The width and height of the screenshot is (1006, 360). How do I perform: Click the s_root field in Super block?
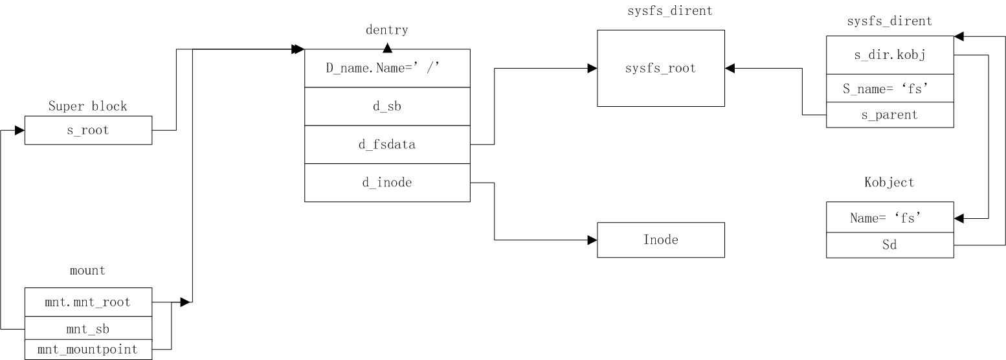click(88, 130)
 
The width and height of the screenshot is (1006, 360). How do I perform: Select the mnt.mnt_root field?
click(88, 302)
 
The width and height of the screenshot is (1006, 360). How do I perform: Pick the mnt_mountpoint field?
click(88, 350)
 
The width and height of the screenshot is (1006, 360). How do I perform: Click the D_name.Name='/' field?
click(387, 68)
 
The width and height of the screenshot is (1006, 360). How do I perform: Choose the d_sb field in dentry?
click(387, 106)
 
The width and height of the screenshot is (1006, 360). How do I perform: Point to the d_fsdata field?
click(387, 144)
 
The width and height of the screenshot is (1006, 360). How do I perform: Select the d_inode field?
click(387, 183)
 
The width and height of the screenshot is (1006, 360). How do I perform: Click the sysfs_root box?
click(660, 68)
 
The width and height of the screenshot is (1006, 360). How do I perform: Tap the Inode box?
click(660, 240)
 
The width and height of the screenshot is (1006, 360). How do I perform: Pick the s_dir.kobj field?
click(889, 55)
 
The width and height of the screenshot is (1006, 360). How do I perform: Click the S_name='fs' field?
click(889, 89)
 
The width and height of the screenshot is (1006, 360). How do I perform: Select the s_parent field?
click(889, 115)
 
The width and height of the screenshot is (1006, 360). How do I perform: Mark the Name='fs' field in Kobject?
click(889, 218)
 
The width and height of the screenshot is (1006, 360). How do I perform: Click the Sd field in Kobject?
click(889, 245)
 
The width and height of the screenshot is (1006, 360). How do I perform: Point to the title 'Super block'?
click(88, 106)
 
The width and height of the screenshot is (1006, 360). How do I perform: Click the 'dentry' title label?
click(387, 30)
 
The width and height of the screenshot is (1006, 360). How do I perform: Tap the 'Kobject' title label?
click(889, 183)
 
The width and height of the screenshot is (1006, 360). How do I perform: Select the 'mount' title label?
click(88, 271)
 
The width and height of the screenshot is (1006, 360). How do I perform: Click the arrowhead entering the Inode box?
click(592, 240)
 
